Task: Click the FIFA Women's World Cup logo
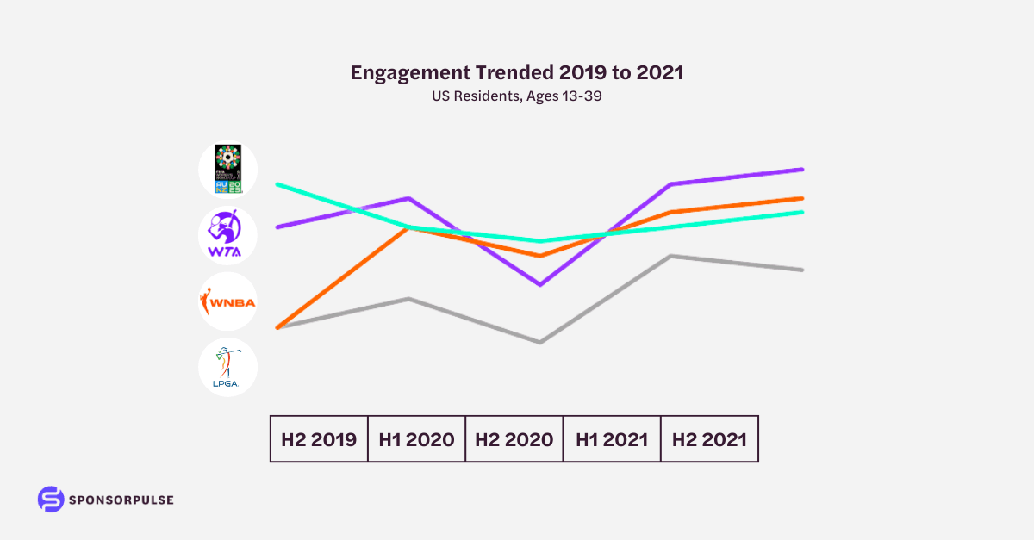coord(227,170)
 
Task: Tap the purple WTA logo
coord(227,235)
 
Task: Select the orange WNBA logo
coord(227,301)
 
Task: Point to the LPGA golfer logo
coord(227,367)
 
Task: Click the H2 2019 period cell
coord(319,439)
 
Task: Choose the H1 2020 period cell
coord(416,439)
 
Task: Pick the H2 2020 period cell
coord(514,439)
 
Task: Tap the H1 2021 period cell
coord(612,439)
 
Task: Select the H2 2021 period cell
coord(709,439)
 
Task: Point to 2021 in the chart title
coord(660,73)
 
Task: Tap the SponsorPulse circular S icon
coord(51,500)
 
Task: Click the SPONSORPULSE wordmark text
coord(121,500)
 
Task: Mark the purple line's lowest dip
coord(539,284)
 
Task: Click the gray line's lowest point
coord(539,342)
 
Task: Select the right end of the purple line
coord(802,170)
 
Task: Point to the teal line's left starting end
coord(277,184)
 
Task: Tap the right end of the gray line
coord(802,270)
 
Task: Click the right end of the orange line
coord(802,198)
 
